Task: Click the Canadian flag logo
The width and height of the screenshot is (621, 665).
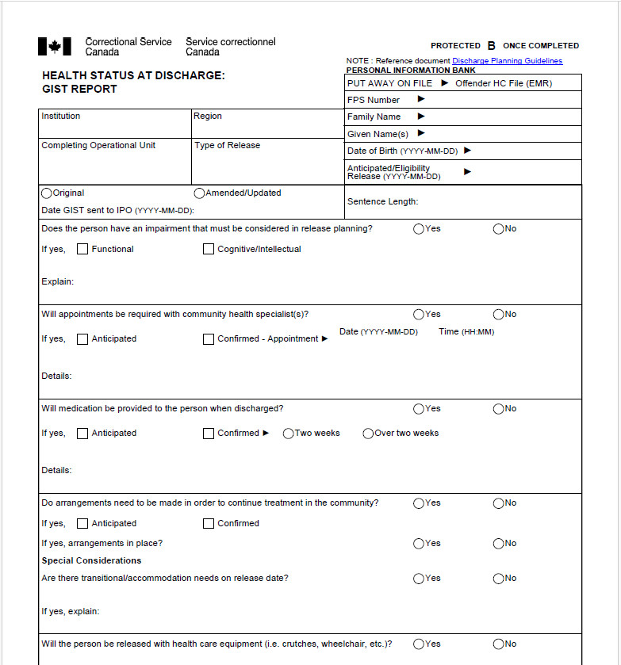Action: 54,47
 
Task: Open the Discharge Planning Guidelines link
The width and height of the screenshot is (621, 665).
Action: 507,61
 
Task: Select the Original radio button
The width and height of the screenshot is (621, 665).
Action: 47,193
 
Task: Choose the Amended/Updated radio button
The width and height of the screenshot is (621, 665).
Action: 199,193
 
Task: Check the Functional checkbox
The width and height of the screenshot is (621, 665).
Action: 82,249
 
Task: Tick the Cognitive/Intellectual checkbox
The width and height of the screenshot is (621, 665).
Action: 209,249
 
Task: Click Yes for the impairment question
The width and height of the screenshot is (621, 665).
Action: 419,228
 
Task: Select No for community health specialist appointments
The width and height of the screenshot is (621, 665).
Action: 499,314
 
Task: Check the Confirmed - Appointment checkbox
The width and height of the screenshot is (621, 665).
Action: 209,339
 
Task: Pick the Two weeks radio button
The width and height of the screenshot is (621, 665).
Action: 288,434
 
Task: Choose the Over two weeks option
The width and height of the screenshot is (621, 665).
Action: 368,434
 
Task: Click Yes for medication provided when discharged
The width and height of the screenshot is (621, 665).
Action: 419,409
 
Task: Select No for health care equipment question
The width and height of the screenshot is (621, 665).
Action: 499,644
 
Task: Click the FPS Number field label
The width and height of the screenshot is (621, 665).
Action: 373,100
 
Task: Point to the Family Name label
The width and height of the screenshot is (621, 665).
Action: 374,117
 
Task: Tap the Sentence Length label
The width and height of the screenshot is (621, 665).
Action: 382,201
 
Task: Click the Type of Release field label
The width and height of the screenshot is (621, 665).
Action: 227,145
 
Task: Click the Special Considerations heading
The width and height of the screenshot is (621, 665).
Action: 91,560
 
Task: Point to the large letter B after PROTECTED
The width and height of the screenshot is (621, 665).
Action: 492,46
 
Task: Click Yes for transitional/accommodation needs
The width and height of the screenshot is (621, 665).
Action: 419,579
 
